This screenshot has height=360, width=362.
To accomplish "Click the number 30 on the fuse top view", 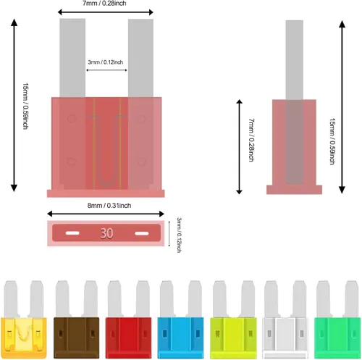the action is pyautogui.click(x=106, y=233).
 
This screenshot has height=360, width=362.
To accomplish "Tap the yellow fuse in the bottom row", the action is pyautogui.click(x=24, y=319).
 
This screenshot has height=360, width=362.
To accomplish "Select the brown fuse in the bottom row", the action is pyautogui.click(x=77, y=319).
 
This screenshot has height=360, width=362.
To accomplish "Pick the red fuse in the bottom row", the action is pyautogui.click(x=129, y=319).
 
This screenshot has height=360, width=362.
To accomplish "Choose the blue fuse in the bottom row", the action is pyautogui.click(x=181, y=319).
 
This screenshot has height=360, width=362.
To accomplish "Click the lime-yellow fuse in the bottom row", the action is pyautogui.click(x=233, y=319).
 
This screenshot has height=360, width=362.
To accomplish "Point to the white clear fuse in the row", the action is pyautogui.click(x=285, y=319).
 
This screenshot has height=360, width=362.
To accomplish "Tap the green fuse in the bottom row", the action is pyautogui.click(x=337, y=319).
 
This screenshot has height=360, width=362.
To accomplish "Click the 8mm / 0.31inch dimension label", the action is pyautogui.click(x=109, y=206).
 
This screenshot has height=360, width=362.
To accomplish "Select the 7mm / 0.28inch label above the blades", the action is pyautogui.click(x=104, y=3).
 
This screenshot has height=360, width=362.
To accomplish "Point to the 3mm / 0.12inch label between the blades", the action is pyautogui.click(x=106, y=62).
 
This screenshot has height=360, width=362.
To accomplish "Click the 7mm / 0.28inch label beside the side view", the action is pyautogui.click(x=251, y=140).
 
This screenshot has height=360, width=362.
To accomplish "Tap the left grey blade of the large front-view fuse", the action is pyautogui.click(x=72, y=58).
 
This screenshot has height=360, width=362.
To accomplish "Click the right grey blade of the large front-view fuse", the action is pyautogui.click(x=140, y=58).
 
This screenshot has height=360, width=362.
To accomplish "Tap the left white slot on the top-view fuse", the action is pyautogui.click(x=72, y=233).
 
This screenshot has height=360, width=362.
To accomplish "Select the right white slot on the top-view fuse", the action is pyautogui.click(x=142, y=233).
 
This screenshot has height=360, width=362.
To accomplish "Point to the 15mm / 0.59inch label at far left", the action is pyautogui.click(x=25, y=106).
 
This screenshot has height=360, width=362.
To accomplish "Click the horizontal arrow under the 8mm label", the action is pyautogui.click(x=106, y=214).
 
